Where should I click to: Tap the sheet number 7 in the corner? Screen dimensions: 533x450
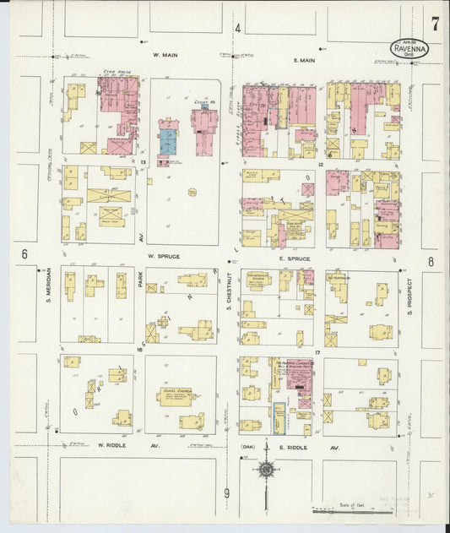tap(434, 24)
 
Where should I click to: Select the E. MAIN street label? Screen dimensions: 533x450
tap(304, 60)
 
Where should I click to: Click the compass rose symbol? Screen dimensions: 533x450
tap(267, 470)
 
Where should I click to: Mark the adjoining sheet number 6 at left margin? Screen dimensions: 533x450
tap(24, 253)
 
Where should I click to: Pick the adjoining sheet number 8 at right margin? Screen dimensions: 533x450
tap(431, 262)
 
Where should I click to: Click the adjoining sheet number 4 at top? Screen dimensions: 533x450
tap(238, 29)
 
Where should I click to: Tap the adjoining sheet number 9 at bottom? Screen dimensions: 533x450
tap(226, 492)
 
